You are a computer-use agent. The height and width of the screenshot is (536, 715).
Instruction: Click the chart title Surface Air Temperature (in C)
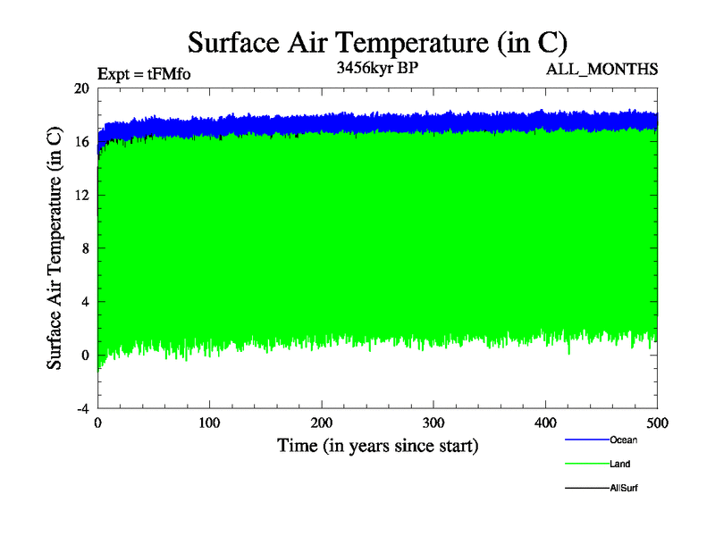(x=377, y=43)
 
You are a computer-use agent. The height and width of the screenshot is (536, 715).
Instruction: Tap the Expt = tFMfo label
(x=143, y=74)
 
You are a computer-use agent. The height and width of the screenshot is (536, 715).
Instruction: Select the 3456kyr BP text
(x=375, y=68)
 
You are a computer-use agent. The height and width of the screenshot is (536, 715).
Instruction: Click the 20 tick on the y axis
(x=81, y=88)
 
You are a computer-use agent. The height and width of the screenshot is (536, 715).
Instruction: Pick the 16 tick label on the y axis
(x=81, y=142)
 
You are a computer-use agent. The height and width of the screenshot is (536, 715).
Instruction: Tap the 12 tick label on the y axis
(x=81, y=195)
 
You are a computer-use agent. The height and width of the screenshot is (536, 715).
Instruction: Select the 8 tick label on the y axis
(x=84, y=248)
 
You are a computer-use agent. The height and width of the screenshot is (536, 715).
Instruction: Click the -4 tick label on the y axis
(x=81, y=408)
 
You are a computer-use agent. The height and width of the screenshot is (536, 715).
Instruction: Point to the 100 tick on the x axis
(x=209, y=422)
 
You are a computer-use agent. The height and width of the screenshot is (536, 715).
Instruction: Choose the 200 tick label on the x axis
(x=322, y=422)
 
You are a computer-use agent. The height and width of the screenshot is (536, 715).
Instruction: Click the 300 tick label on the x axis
(x=433, y=422)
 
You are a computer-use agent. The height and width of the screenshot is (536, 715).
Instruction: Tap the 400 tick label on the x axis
(x=545, y=422)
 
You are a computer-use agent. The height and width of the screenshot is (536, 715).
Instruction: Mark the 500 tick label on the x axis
(x=657, y=422)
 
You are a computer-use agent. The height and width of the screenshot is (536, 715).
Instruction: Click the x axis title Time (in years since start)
(x=377, y=445)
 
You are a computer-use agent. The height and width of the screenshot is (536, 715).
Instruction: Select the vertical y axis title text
(x=55, y=248)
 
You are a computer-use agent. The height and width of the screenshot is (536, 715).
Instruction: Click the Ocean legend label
(x=624, y=440)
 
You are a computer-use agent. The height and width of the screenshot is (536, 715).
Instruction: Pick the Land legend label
(x=621, y=465)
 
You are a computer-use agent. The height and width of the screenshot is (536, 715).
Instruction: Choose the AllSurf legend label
(x=624, y=489)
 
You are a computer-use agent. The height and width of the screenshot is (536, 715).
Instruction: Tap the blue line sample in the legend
(x=586, y=440)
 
